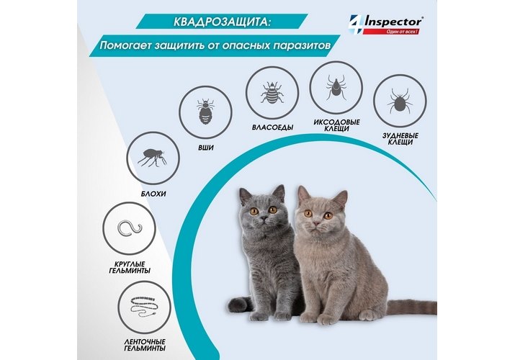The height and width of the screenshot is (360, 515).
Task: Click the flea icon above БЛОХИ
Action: tap(153, 158)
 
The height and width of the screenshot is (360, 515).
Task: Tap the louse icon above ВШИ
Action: tap(205, 112)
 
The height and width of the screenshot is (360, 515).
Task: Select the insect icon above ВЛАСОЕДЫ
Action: tap(272, 93)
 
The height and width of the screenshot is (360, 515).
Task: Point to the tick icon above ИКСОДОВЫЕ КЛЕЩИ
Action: tap(336, 87)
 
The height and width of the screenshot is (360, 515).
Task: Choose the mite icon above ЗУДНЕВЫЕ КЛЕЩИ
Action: tap(400, 101)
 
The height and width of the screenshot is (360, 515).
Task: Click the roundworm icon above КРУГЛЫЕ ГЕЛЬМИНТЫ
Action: tap(128, 228)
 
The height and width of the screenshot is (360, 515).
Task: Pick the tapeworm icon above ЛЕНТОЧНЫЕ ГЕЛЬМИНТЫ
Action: tap(143, 307)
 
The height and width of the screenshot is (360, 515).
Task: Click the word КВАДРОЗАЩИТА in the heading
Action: tap(223, 22)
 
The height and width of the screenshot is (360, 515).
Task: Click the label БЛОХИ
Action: tap(153, 194)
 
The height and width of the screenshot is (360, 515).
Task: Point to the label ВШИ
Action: tap(205, 148)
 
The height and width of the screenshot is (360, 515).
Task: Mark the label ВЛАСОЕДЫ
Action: tap(272, 127)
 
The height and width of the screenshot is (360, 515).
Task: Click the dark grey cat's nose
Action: tap(263, 218)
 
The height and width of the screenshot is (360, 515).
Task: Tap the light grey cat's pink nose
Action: tap(316, 223)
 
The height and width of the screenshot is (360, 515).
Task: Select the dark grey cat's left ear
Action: tap(246, 196)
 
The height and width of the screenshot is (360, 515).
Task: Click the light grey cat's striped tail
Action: tap(411, 307)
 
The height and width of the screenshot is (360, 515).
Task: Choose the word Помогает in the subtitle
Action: tap(122, 45)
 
